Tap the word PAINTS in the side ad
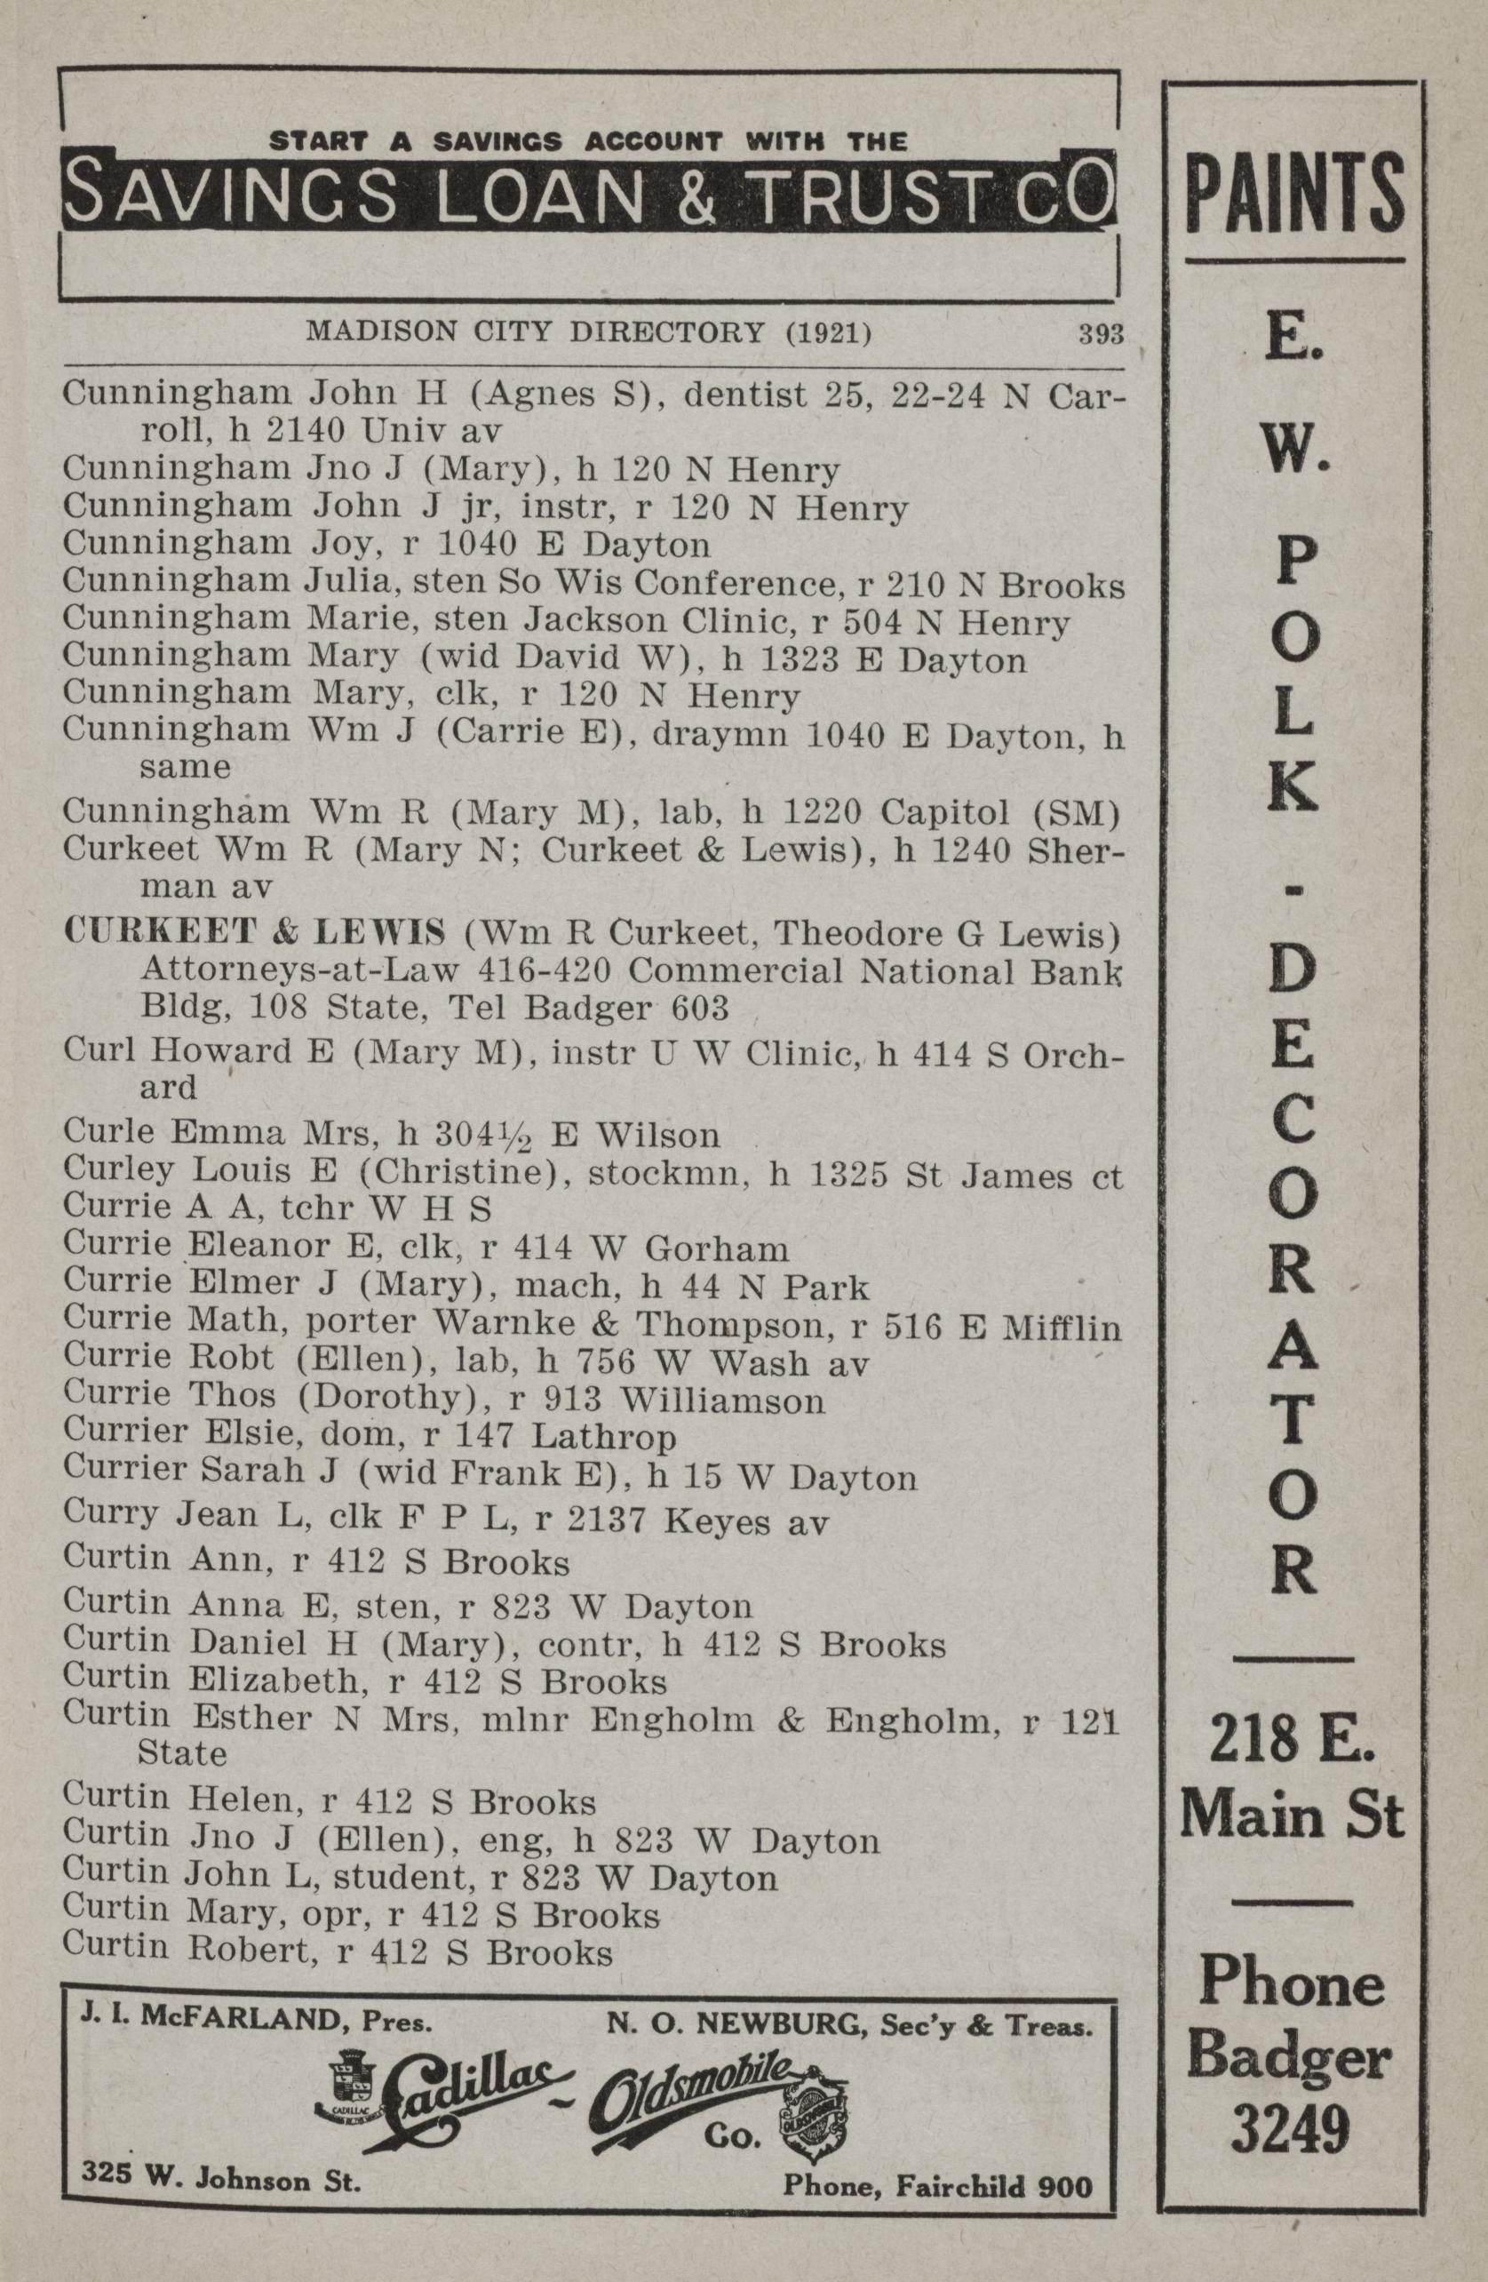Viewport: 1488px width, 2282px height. [1294, 191]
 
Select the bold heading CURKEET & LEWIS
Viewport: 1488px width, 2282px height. [254, 931]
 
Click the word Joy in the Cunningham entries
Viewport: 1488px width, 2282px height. [339, 546]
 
